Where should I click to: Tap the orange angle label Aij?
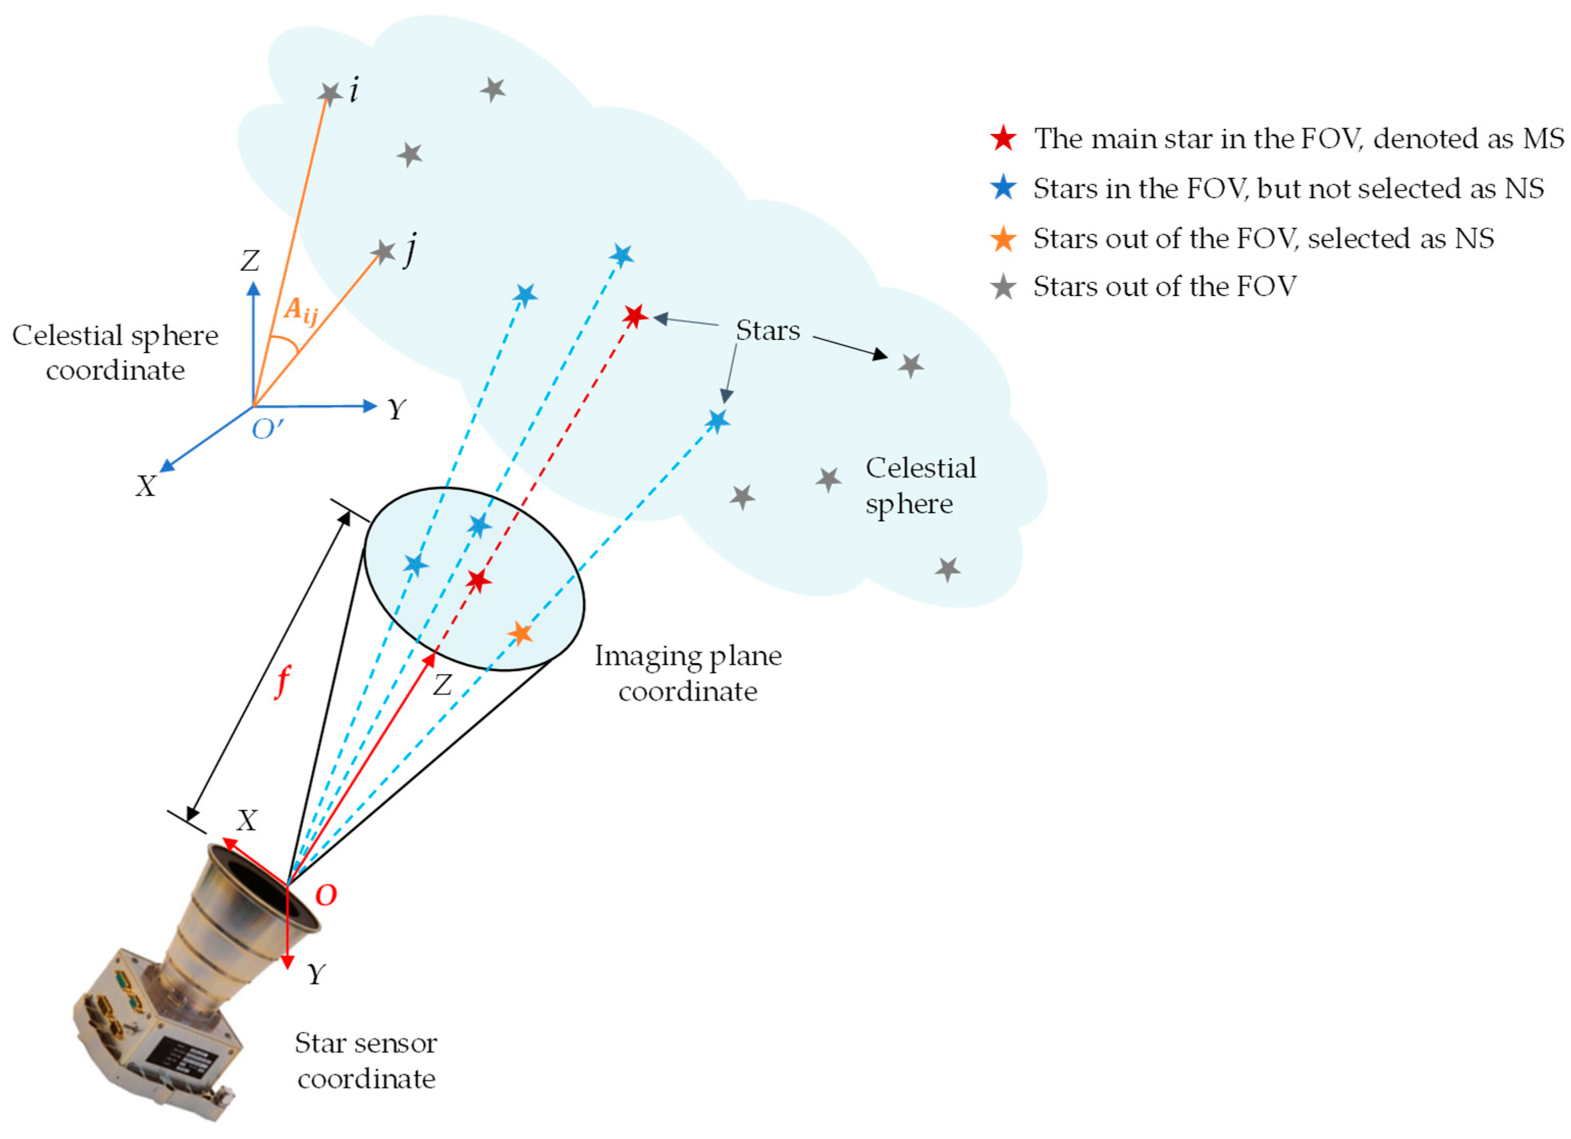tap(301, 310)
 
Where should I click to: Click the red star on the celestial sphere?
tap(634, 316)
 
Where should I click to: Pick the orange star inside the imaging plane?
tap(520, 632)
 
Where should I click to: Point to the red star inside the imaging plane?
tap(478, 580)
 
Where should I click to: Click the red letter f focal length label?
tap(282, 682)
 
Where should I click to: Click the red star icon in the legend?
tap(1003, 139)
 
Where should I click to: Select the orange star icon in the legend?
tap(1003, 239)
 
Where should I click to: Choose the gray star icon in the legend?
tap(1003, 287)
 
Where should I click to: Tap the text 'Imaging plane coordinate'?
tap(688, 673)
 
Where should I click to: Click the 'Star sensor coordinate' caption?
tap(366, 1061)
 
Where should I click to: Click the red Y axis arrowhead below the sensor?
tap(287, 963)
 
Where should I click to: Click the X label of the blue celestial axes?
tap(146, 486)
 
